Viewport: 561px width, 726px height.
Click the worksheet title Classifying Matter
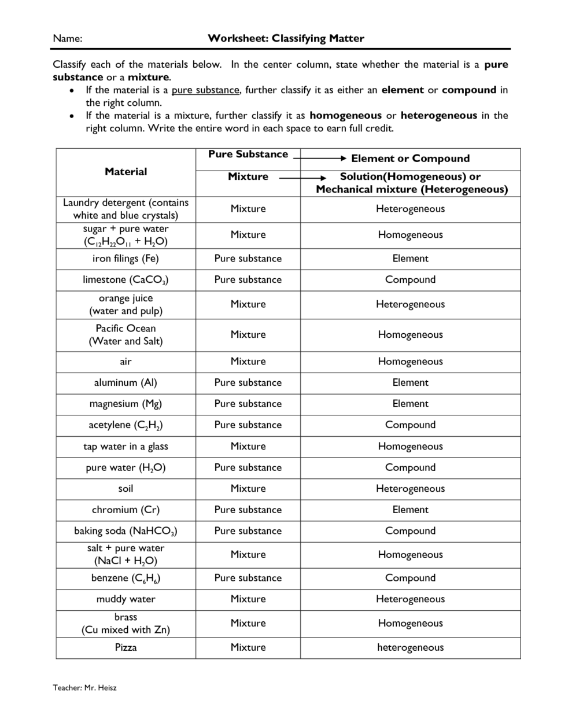[286, 39]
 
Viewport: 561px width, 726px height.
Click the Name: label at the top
[68, 39]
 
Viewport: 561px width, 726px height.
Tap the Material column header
[126, 172]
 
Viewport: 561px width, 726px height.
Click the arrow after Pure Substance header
[319, 157]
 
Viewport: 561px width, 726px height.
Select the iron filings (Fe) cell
[126, 259]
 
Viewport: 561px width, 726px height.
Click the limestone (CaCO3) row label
[126, 280]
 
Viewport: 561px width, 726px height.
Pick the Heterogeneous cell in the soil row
[410, 489]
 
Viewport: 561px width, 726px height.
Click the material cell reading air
[126, 362]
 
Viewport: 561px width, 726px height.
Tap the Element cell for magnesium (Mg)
[410, 404]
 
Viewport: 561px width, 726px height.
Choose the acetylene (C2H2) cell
[126, 425]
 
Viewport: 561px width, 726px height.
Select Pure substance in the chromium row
[248, 510]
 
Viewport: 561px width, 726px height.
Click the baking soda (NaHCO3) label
[126, 531]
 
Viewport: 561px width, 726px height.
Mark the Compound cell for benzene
[410, 578]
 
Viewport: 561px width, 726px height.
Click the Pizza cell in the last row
[126, 647]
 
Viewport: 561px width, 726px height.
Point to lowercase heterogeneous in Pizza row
[410, 647]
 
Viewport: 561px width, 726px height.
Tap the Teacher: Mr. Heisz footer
[84, 687]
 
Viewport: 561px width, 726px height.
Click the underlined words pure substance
[205, 90]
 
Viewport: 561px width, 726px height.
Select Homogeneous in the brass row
[410, 623]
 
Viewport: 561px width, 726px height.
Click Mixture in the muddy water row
[248, 599]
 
